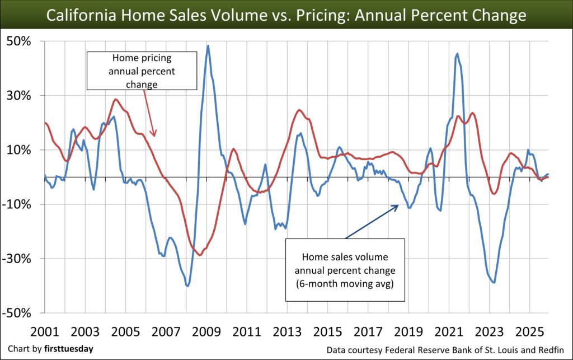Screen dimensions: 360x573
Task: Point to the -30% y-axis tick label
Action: [x=19, y=259]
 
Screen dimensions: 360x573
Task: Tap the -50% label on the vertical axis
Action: [x=19, y=313]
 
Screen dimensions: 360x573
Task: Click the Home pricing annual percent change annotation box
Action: [x=142, y=71]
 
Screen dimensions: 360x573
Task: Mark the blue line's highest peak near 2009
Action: [x=208, y=46]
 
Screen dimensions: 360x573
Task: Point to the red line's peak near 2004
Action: [x=115, y=99]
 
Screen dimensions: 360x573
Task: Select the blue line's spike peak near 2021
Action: [x=457, y=54]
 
